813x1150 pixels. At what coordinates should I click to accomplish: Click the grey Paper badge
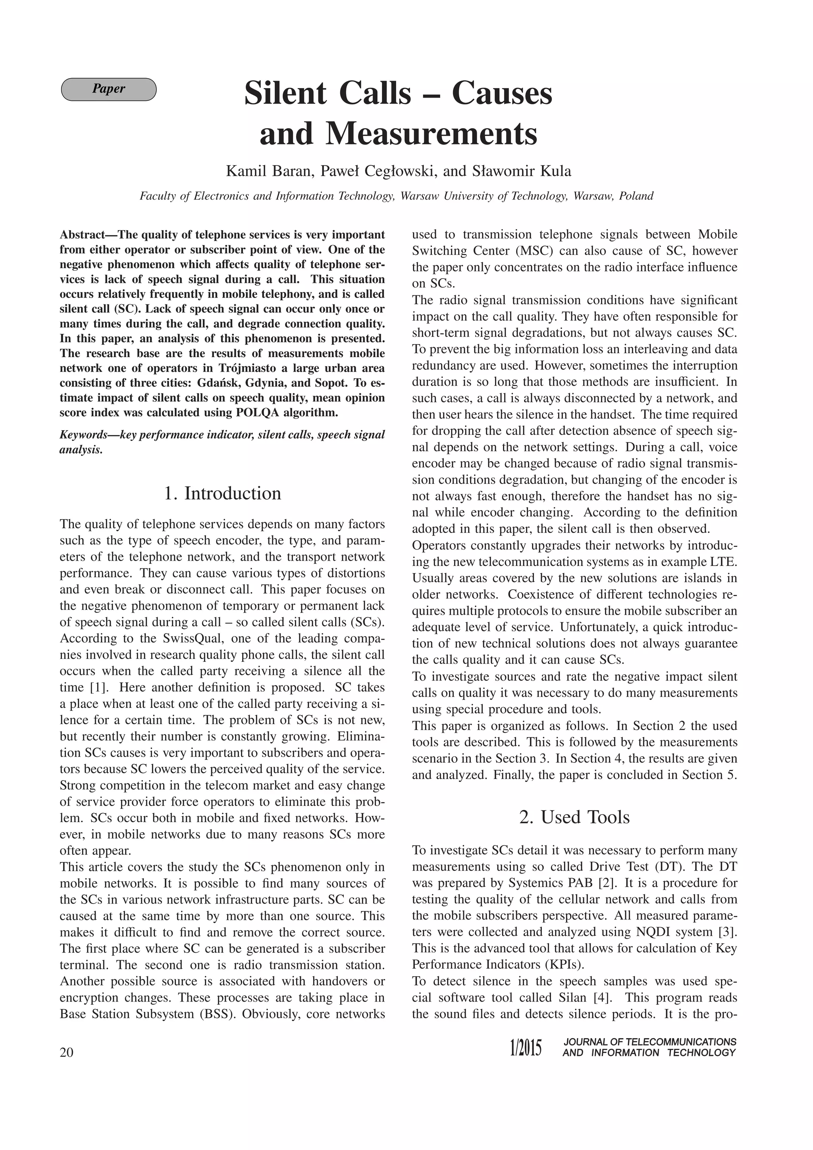108,89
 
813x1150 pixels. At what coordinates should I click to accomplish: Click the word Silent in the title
285,94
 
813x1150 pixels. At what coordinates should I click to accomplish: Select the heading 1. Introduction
222,493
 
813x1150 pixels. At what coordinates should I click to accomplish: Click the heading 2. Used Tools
574,817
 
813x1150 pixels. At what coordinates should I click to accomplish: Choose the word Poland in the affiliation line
636,196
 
